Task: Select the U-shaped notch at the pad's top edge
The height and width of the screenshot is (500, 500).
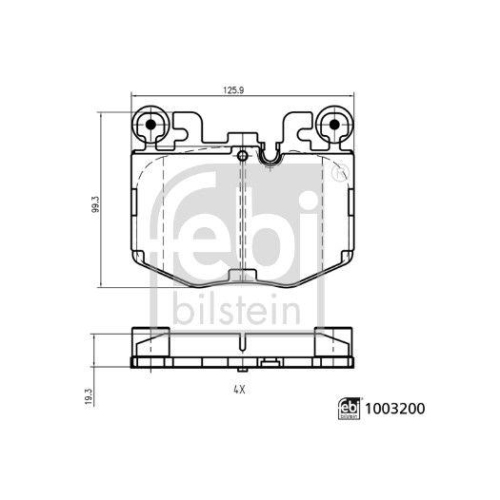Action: tap(268, 156)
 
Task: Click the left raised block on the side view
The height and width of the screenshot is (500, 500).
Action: tap(153, 336)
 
